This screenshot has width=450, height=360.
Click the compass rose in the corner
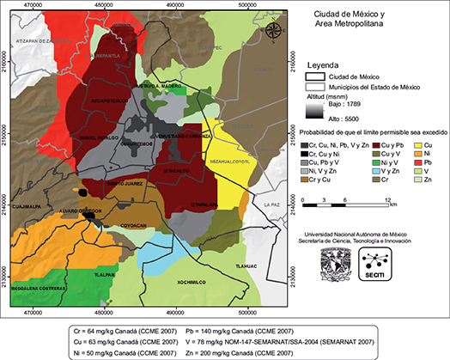pyautogui.click(x=273, y=32)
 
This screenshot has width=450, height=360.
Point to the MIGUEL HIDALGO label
pyautogui.click(x=97, y=138)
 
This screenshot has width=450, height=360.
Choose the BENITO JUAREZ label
pyautogui.click(x=125, y=184)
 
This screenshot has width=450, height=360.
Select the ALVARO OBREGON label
pyautogui.click(x=81, y=211)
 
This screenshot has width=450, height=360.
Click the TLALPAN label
pyautogui.click(x=104, y=275)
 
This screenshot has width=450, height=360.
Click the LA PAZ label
pyautogui.click(x=272, y=204)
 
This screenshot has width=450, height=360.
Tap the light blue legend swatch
pyautogui.click(x=377, y=171)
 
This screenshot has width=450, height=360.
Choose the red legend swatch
pyautogui.click(x=418, y=162)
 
